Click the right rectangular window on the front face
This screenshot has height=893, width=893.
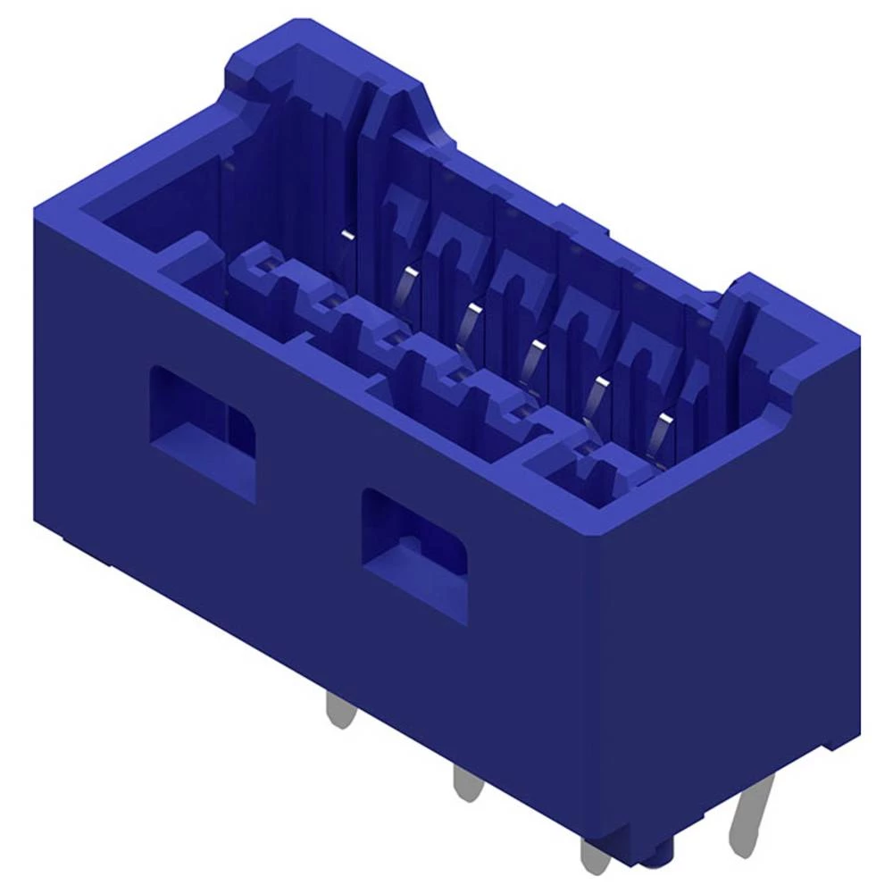pos(414,555)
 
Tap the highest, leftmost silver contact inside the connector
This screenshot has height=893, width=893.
pos(346,235)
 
